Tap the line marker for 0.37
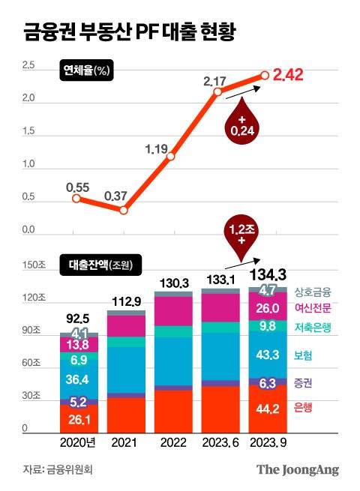click(x=124, y=210)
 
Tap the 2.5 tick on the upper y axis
click(x=28, y=67)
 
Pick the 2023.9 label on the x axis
click(x=268, y=442)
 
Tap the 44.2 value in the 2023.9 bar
click(x=268, y=409)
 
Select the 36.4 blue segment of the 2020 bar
click(x=78, y=379)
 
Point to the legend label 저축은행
click(x=313, y=328)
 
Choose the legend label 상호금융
click(x=313, y=292)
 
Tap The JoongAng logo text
click(x=298, y=470)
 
